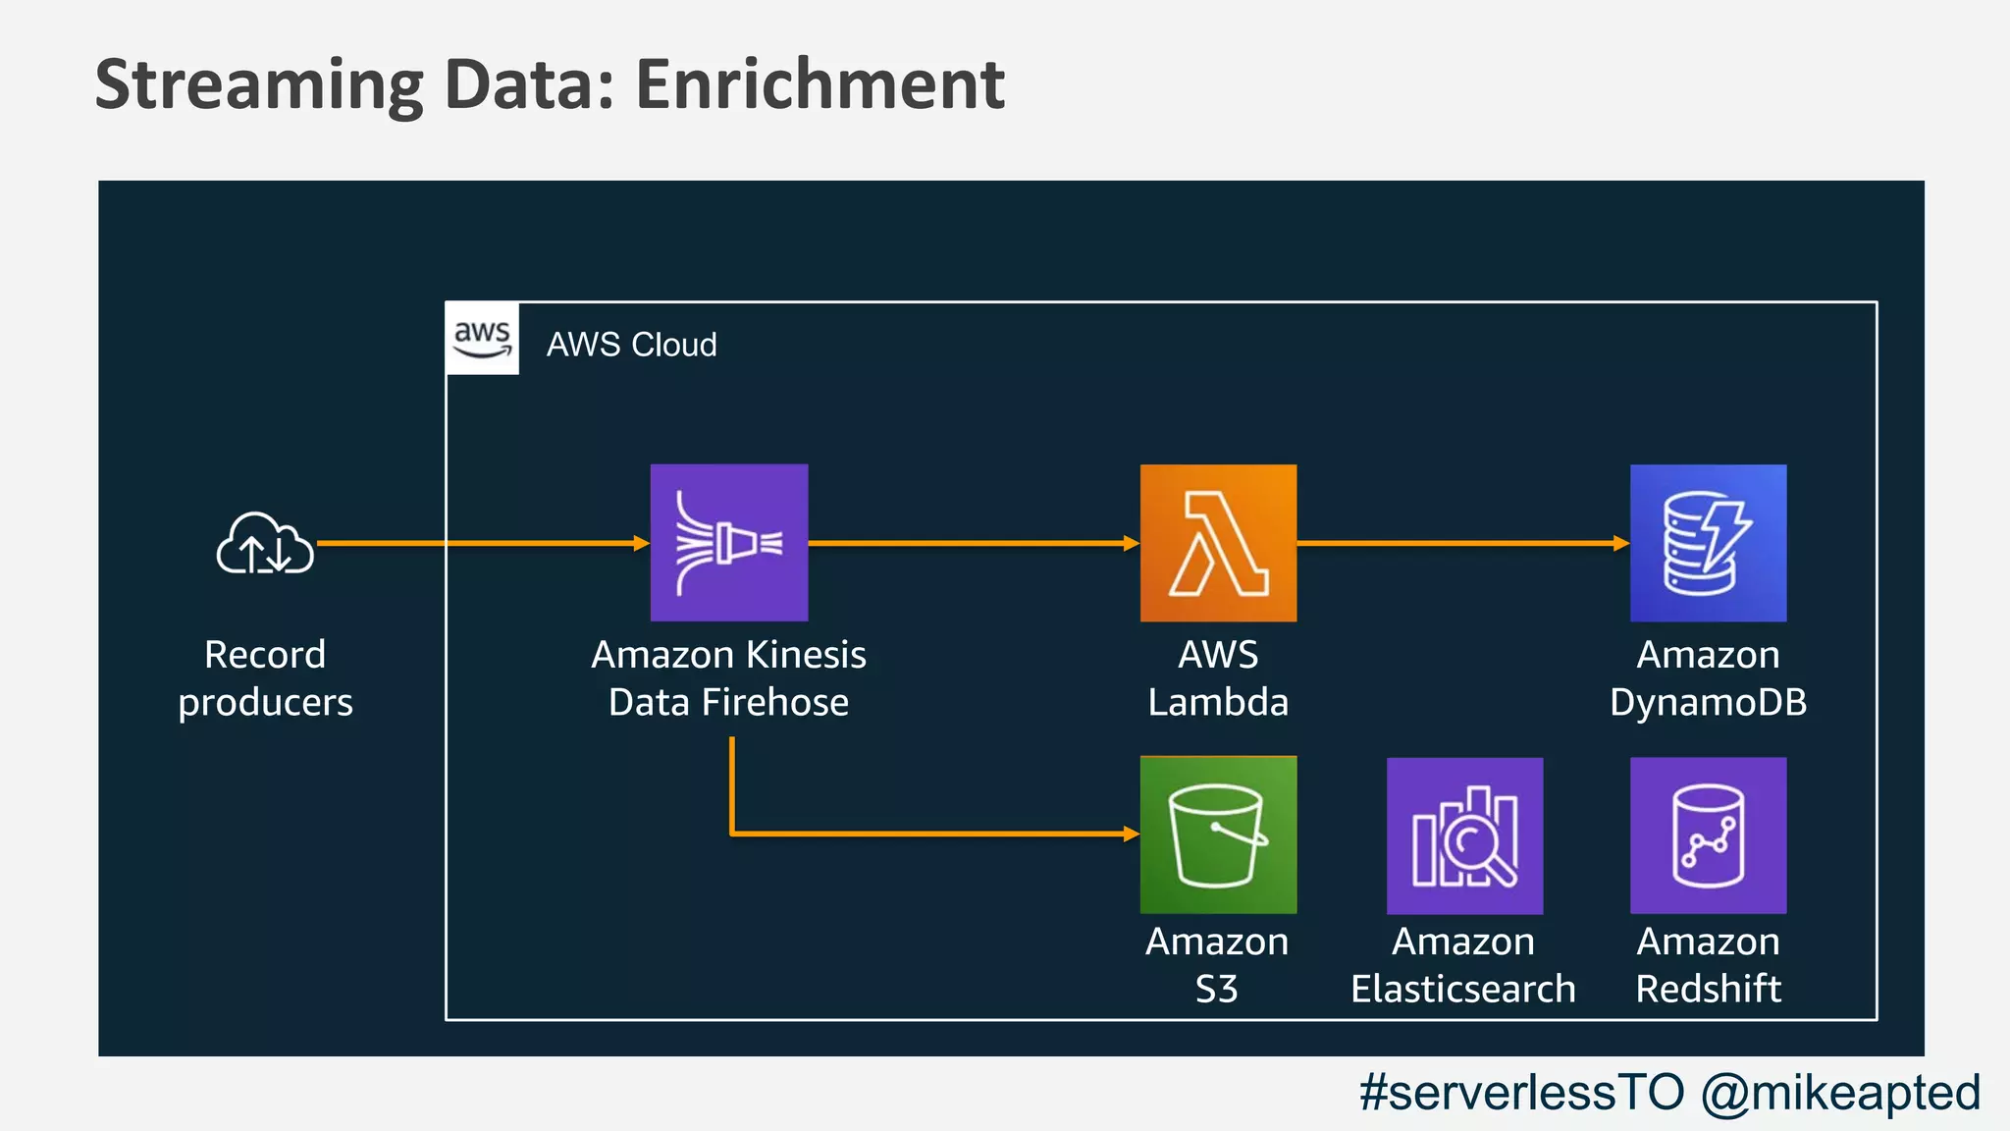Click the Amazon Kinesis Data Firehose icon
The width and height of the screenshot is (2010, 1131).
click(x=729, y=542)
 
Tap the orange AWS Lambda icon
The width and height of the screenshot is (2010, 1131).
click(x=1218, y=542)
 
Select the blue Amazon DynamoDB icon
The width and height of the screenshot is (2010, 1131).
click(x=1708, y=542)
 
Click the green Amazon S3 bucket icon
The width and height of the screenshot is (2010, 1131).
click(x=1218, y=835)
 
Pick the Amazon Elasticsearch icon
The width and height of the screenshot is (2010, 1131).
click(x=1464, y=835)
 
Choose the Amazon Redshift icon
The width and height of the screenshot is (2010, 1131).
click(x=1708, y=835)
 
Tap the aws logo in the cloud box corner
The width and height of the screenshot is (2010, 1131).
click(x=482, y=339)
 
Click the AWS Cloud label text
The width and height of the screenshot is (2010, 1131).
click(x=631, y=345)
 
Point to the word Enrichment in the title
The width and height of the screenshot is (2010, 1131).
click(x=820, y=84)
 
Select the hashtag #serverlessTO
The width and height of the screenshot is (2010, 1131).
click(x=1521, y=1092)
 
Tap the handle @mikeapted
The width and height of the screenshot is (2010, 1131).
click(x=1841, y=1092)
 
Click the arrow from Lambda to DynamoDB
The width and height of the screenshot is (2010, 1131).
click(x=1462, y=542)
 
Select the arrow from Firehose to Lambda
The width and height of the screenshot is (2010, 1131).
click(x=972, y=542)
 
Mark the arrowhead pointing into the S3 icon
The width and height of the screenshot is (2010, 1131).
click(x=1131, y=834)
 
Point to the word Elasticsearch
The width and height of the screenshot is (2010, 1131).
click(x=1462, y=989)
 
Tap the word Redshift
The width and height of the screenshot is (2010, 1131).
click(x=1708, y=989)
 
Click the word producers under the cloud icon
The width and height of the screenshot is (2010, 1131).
click(x=265, y=703)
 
